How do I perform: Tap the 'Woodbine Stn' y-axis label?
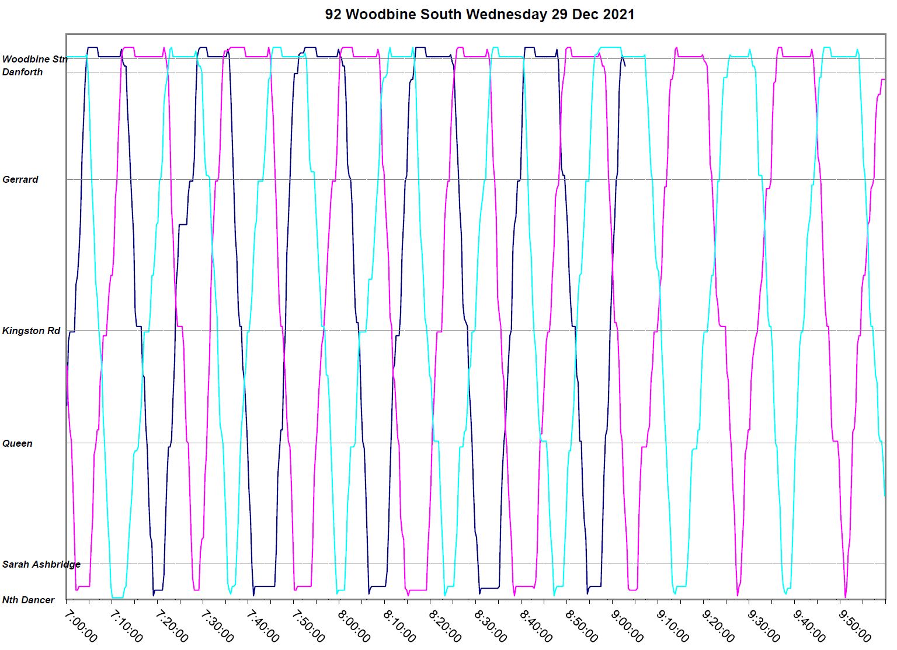(34, 59)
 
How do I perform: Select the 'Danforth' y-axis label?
(22, 72)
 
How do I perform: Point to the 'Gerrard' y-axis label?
(20, 179)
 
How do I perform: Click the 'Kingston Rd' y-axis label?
(31, 331)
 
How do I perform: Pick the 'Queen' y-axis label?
(17, 443)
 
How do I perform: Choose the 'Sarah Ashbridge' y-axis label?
(41, 564)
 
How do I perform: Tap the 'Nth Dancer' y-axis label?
(28, 600)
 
